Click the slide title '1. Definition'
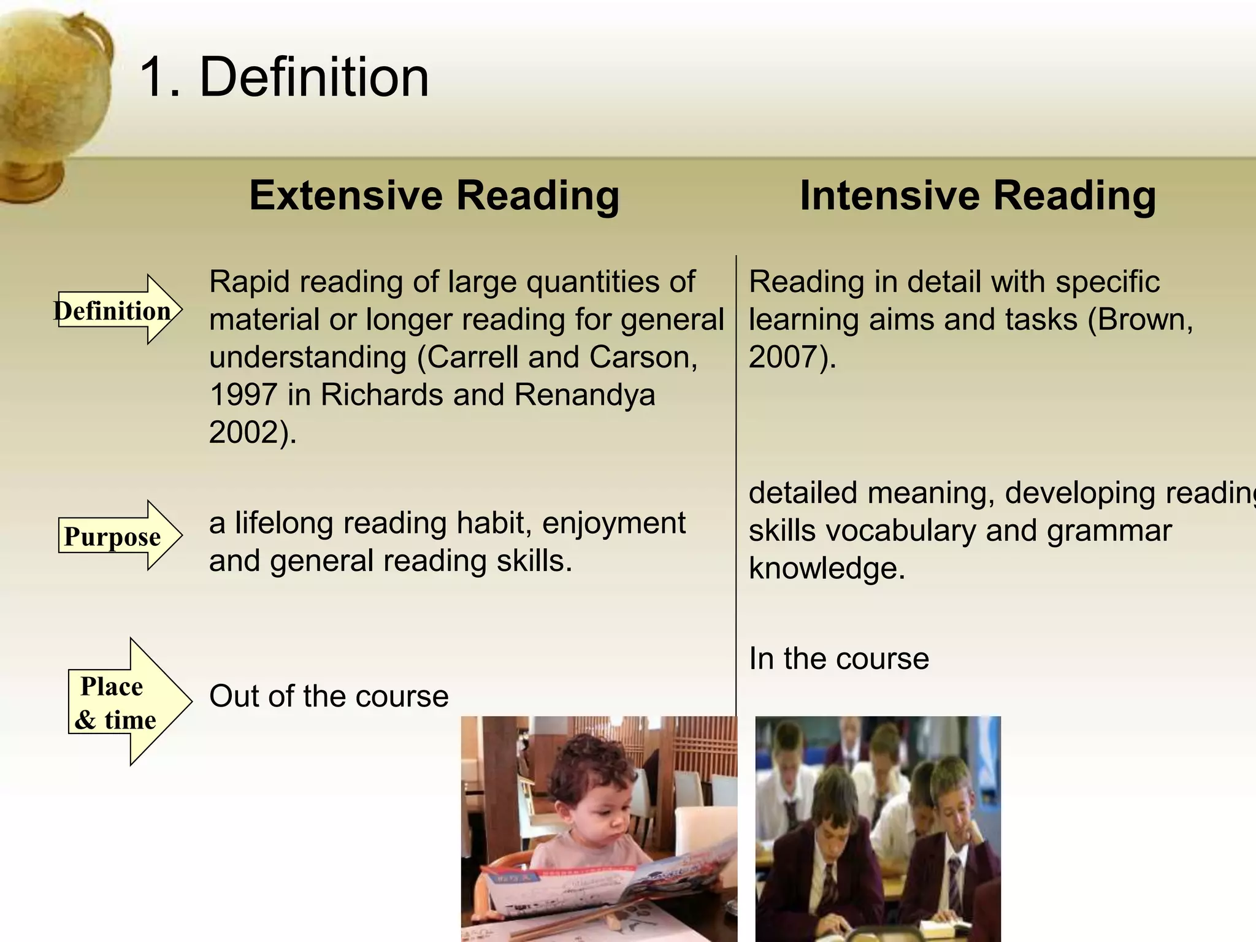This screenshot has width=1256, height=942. (284, 77)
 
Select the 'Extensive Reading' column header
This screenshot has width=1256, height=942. (434, 196)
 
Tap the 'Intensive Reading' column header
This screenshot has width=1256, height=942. (978, 196)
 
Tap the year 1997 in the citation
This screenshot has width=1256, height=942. (243, 395)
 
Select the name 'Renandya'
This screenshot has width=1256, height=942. (584, 395)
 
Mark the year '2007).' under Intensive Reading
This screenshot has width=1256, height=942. (792, 358)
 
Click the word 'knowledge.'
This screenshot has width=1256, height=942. (827, 569)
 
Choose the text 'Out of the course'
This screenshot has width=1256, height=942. (329, 697)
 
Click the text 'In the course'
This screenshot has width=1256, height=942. (838, 659)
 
